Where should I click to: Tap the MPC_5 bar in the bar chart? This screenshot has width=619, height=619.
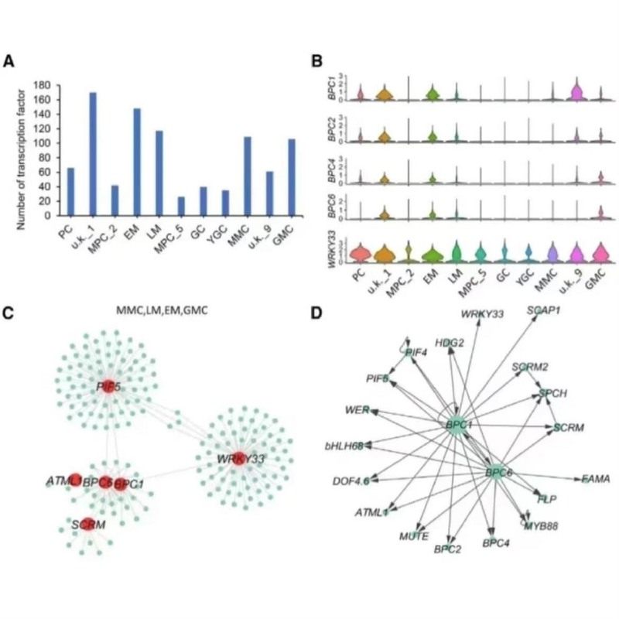coord(181,206)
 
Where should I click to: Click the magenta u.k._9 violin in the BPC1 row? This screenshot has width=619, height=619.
coord(575,92)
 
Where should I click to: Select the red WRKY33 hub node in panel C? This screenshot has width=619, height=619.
coord(239,458)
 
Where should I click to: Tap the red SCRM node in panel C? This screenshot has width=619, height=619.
coord(88,524)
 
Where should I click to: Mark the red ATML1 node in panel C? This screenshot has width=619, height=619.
coord(75,480)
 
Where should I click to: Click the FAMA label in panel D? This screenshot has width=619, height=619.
coord(595,479)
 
